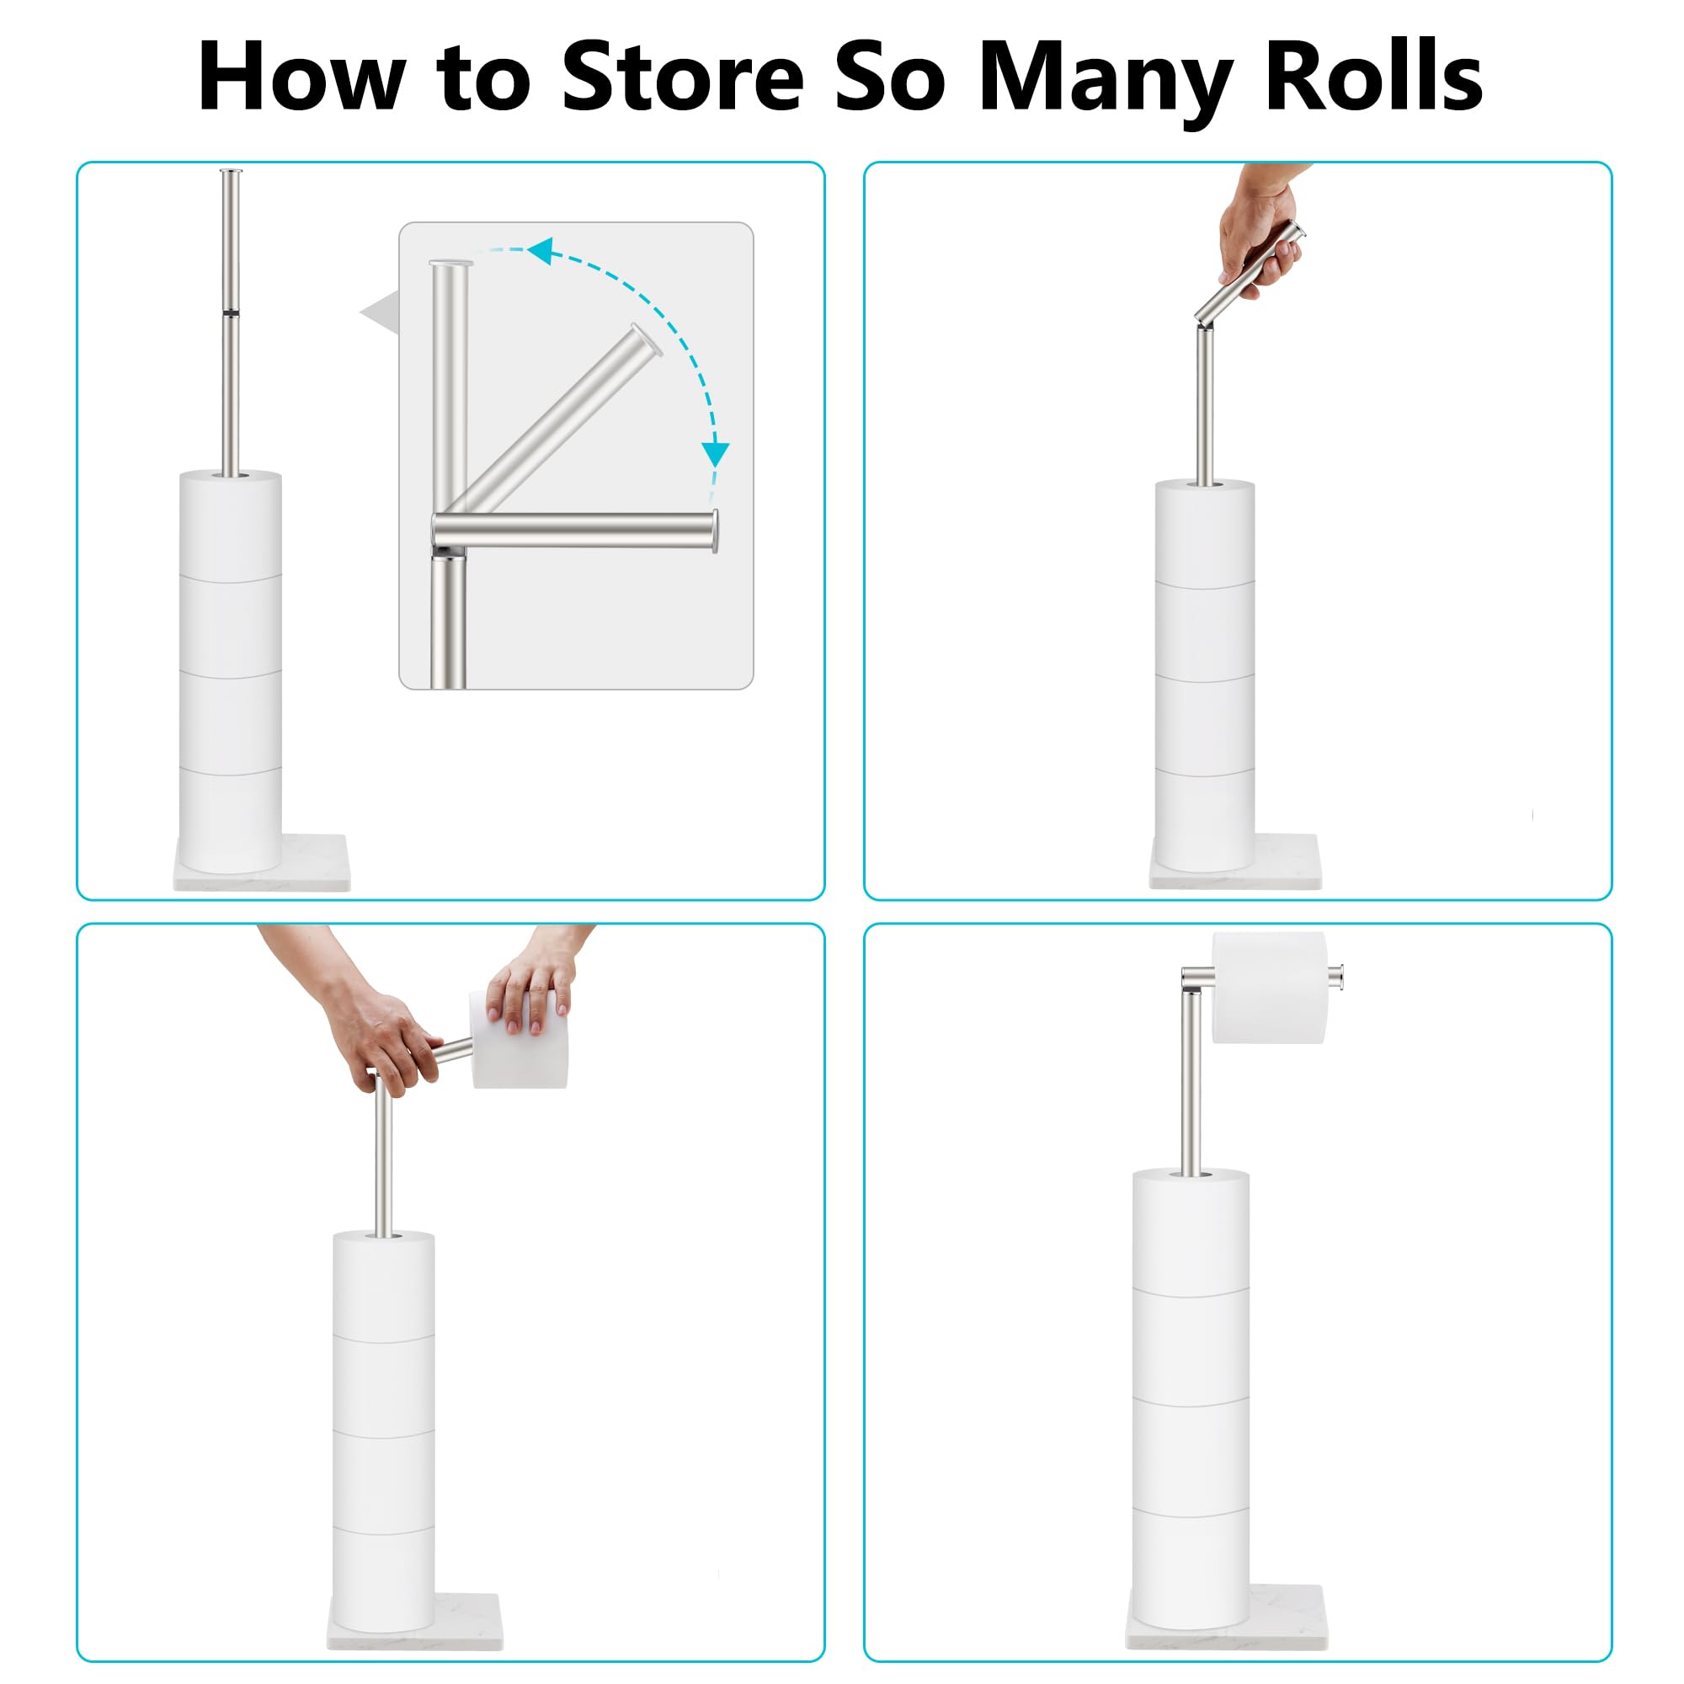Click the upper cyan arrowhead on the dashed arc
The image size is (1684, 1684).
tap(541, 251)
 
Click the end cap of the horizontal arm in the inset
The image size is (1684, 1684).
tap(715, 530)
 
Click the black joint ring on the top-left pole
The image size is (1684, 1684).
tap(230, 312)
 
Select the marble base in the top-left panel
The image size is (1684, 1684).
tap(314, 863)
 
